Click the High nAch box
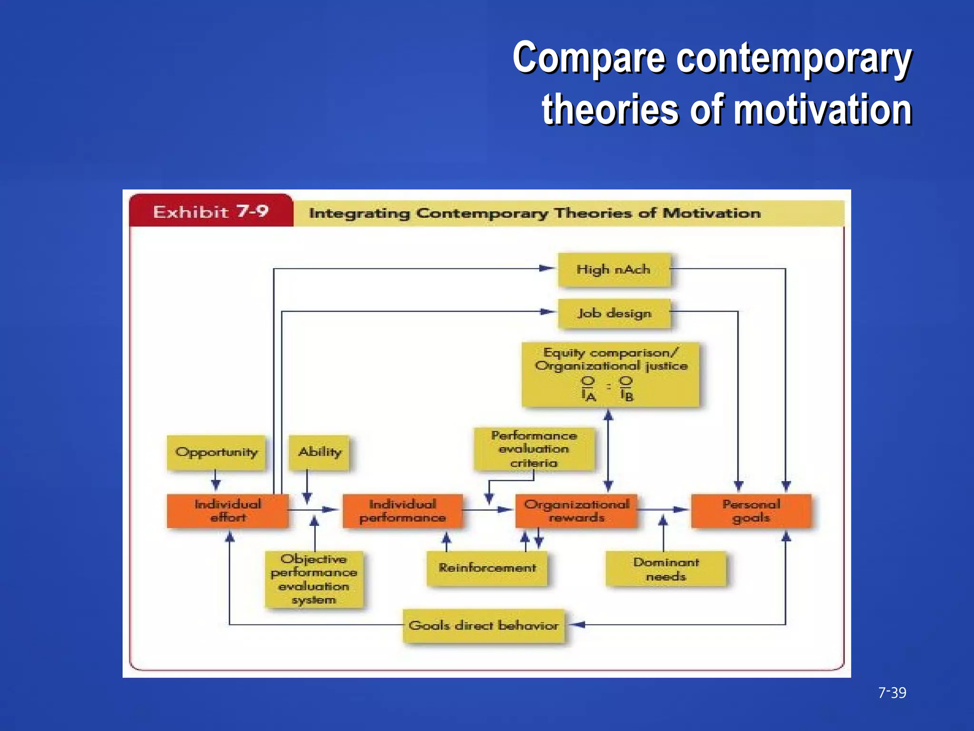coord(614,270)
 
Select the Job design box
coord(614,313)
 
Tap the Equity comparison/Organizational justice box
coord(610,375)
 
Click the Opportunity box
coord(216,452)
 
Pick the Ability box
coord(320,452)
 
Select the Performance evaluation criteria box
coord(534,449)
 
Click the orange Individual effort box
coord(228,511)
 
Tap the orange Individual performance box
coord(402,511)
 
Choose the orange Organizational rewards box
coord(576,511)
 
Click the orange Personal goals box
coord(751,511)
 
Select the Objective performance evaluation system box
coord(314,579)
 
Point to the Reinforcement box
coord(487,568)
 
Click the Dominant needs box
coord(666,569)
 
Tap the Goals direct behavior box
coord(484,625)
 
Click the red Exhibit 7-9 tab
coord(211,211)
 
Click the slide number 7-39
coord(892,693)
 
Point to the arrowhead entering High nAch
coord(547,268)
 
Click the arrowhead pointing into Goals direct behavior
coord(577,624)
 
